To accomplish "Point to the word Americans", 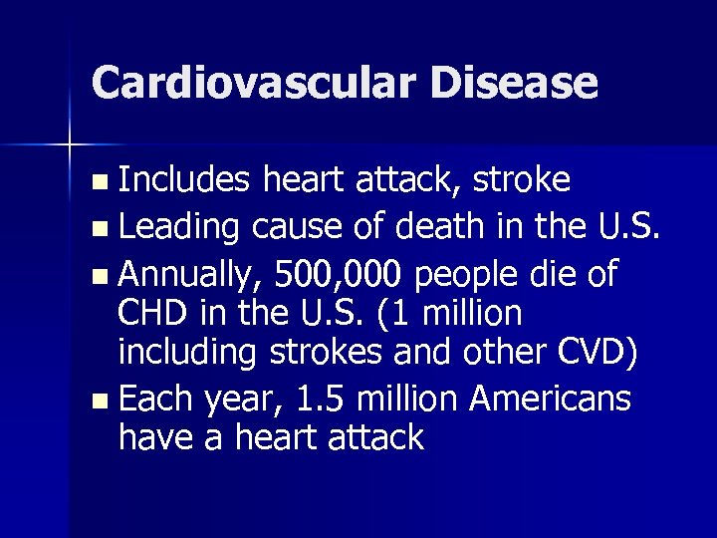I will pyautogui.click(x=551, y=399).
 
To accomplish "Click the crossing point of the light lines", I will pyautogui.click(x=71, y=145).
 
